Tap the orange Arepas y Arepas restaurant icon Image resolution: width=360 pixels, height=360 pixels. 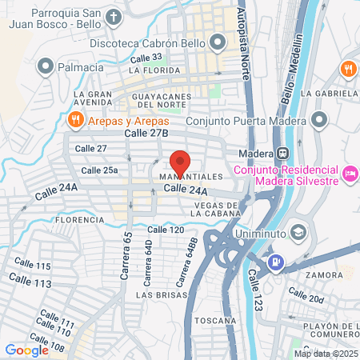pyautogui.click(x=74, y=120)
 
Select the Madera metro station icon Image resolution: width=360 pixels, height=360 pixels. pyautogui.click(x=282, y=153)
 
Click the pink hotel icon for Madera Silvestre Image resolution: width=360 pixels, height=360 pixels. pyautogui.click(x=349, y=174)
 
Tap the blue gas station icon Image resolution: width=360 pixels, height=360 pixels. pyautogui.click(x=275, y=261)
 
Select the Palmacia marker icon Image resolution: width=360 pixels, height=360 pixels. pyautogui.click(x=46, y=66)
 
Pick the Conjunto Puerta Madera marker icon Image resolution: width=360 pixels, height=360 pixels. pyautogui.click(x=320, y=121)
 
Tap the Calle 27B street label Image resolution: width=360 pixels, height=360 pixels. pyautogui.click(x=146, y=133)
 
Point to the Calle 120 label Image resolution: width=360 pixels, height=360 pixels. pyautogui.click(x=166, y=230)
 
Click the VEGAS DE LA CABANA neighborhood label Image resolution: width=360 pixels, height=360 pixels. pyautogui.click(x=207, y=209)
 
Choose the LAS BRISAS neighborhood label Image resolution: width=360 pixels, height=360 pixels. pyautogui.click(x=157, y=295)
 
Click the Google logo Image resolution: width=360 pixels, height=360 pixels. pyautogui.click(x=26, y=350)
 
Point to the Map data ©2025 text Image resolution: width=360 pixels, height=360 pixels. pyautogui.click(x=326, y=354)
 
